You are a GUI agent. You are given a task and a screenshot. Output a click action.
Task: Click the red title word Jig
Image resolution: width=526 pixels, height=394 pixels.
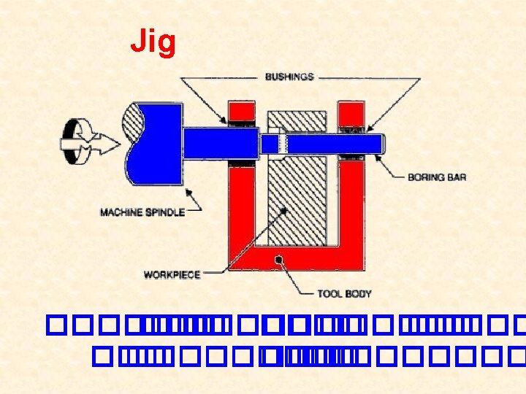153,42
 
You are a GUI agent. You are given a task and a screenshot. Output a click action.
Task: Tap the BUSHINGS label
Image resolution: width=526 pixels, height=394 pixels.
289,77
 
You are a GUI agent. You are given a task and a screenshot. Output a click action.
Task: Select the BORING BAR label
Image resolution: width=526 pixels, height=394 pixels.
437,177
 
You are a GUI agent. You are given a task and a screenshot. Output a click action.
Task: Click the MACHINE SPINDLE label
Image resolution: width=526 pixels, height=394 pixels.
142,212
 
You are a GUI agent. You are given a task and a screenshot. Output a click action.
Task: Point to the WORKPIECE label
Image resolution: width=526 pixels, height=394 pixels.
172,274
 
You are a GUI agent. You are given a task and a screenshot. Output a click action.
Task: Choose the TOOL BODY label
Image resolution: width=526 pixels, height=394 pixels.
344,293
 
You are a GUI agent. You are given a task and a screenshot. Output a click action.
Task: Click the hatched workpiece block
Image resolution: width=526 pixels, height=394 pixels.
297,197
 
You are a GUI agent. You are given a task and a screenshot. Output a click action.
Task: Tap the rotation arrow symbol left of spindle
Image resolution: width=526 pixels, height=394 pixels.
80,141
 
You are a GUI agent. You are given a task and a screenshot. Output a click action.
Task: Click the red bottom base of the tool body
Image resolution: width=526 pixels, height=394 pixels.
292,263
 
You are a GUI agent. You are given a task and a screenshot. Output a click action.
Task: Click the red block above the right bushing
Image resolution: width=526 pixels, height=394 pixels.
351,113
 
